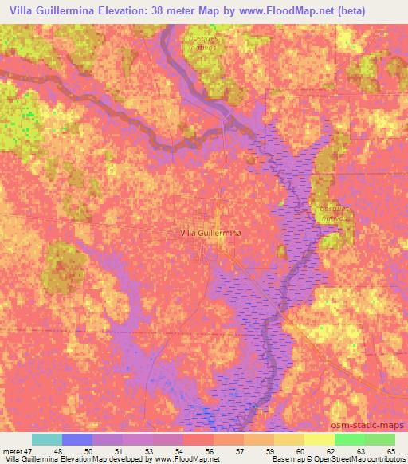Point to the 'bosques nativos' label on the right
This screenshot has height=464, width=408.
click(335, 212)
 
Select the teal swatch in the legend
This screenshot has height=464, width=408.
click(46, 439)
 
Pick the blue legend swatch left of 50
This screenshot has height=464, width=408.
click(77, 439)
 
